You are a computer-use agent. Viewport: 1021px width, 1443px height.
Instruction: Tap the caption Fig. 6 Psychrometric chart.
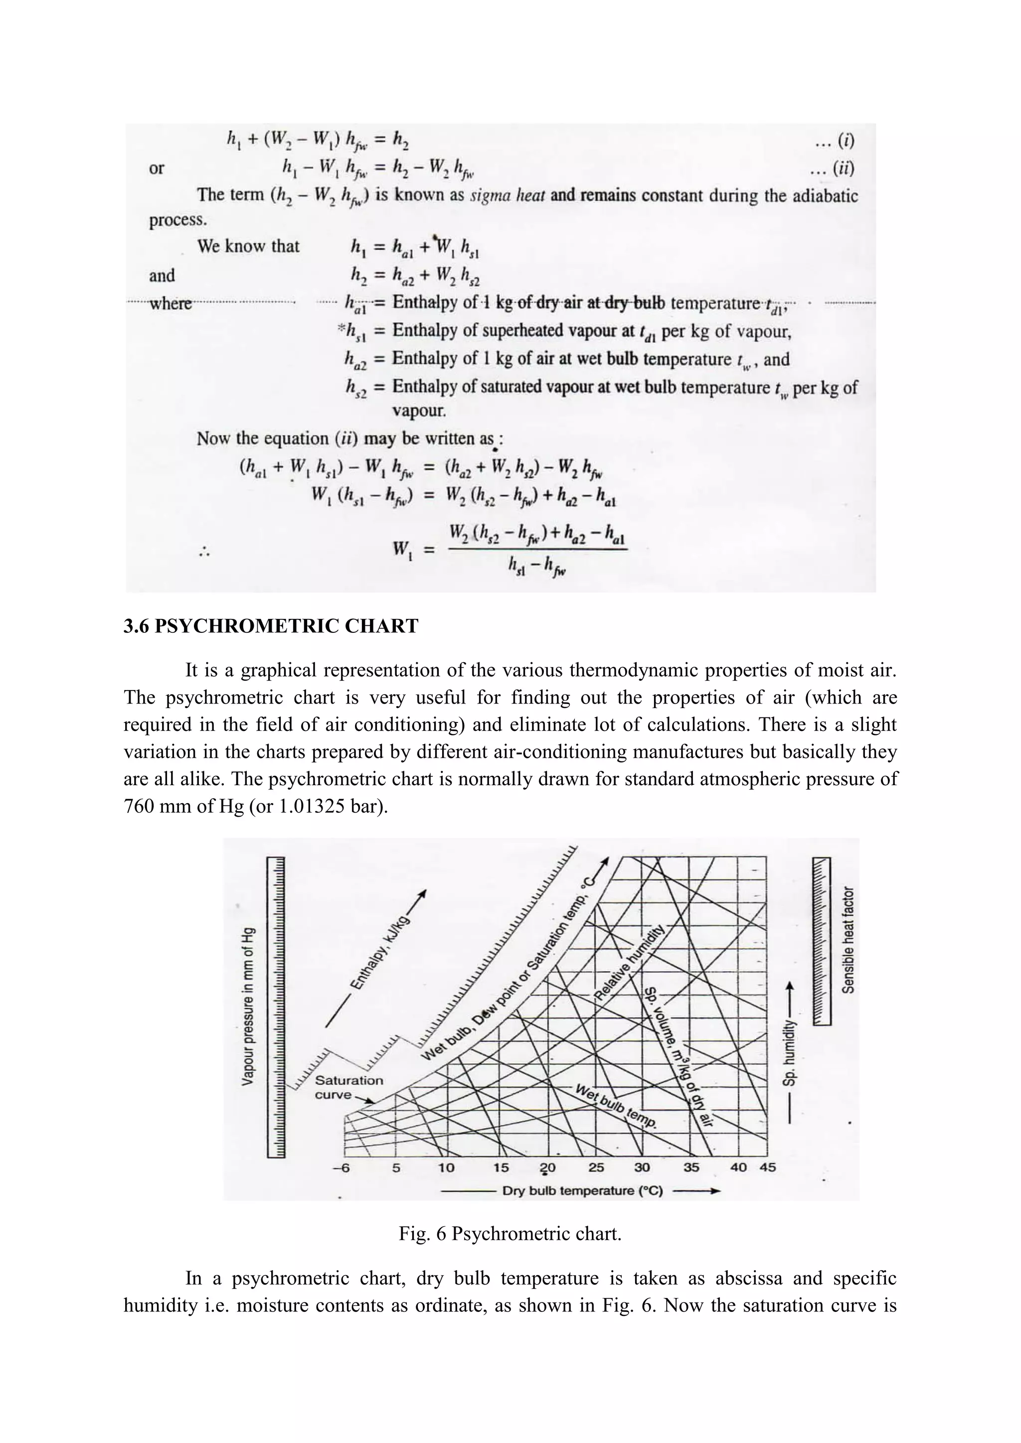[510, 1234]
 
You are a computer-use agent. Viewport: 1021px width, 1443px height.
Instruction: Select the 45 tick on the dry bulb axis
[768, 1167]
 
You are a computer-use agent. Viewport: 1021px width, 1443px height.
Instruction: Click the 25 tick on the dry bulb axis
[596, 1167]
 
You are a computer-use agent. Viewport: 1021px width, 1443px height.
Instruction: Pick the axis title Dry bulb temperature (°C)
[582, 1191]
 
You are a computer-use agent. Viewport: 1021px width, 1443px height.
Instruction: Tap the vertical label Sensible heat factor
[849, 940]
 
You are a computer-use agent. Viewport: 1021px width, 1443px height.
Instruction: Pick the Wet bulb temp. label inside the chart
[616, 1107]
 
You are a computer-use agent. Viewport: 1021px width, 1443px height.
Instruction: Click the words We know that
[248, 246]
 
